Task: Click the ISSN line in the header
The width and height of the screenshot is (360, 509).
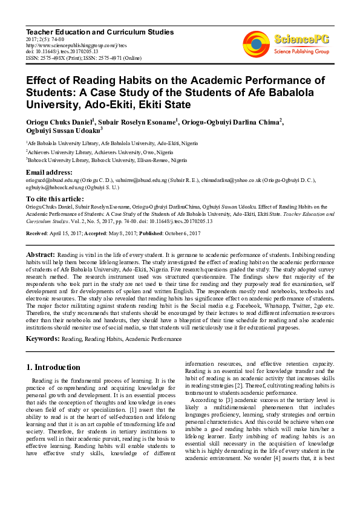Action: [x=82, y=58]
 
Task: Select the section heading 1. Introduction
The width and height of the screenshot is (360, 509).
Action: [x=53, y=367]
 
